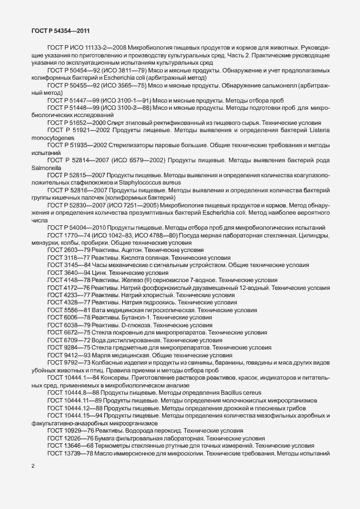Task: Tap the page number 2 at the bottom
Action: (x=32, y=465)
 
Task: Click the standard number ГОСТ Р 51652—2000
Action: (x=79, y=138)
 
